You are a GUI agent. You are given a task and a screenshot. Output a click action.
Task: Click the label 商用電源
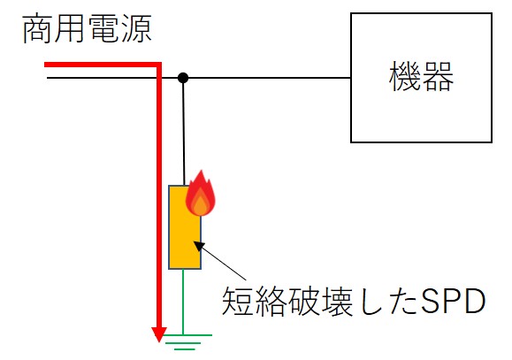click(x=87, y=29)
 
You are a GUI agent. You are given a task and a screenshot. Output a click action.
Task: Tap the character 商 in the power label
click(x=37, y=29)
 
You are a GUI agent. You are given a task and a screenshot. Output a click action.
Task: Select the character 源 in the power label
click(x=136, y=29)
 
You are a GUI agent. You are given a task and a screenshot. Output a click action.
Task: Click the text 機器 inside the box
click(x=421, y=77)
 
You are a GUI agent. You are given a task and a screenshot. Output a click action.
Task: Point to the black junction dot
click(x=183, y=78)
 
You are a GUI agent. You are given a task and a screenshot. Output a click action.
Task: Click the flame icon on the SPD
click(x=200, y=193)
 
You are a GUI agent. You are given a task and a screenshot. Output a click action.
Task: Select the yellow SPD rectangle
click(x=185, y=227)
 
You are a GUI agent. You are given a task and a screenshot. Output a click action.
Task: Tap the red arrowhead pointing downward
click(x=159, y=334)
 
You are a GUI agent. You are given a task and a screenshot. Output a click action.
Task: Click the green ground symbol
click(x=188, y=342)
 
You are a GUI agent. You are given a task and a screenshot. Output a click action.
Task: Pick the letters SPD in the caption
click(x=453, y=302)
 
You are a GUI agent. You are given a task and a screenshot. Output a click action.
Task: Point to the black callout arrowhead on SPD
click(x=199, y=246)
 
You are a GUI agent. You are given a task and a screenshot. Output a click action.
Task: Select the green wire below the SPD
click(x=183, y=302)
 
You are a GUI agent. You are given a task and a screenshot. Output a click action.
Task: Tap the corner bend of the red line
click(x=159, y=65)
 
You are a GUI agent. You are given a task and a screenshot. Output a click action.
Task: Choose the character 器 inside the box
click(x=438, y=77)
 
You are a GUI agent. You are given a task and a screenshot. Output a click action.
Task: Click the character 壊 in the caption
click(x=336, y=302)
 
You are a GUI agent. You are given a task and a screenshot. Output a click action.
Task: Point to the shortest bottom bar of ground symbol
click(x=185, y=349)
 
